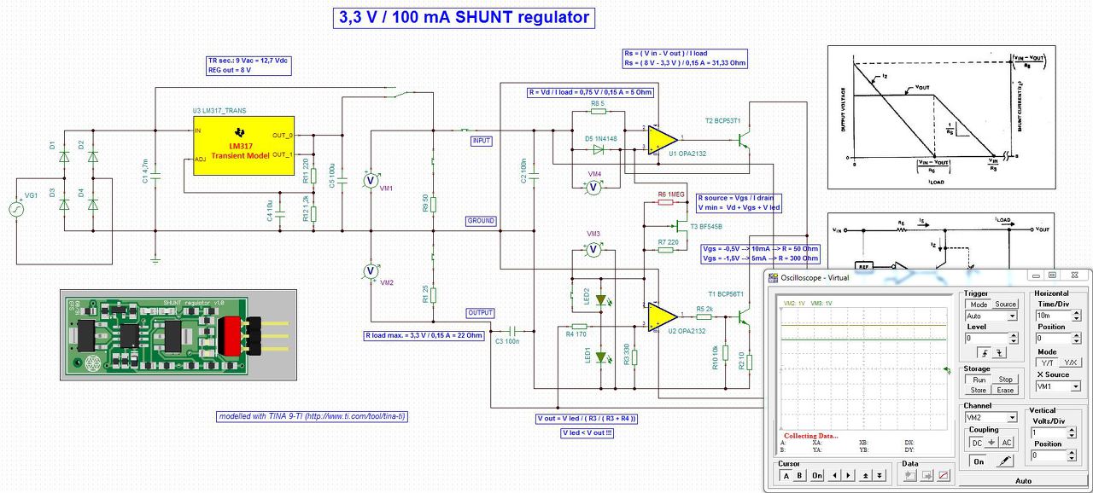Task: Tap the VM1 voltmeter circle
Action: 371,180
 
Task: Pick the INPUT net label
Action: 482,141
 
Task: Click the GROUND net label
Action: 481,221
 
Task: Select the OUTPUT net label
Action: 480,313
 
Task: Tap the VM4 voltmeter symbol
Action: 595,188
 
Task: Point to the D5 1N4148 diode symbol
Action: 596,149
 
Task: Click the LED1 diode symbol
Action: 601,357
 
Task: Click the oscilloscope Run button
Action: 979,380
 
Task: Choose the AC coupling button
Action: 1006,443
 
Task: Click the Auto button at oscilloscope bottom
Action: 1023,481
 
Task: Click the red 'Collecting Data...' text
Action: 810,436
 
